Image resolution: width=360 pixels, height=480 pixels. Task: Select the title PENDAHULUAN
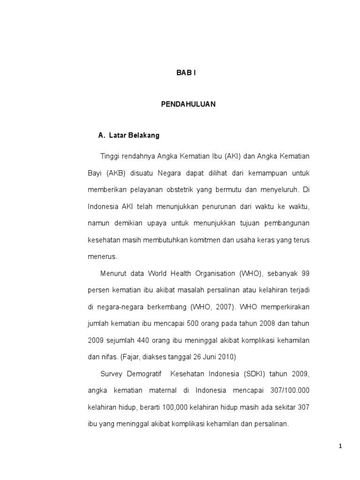coord(188,105)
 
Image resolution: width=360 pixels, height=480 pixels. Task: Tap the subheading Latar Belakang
coord(134,135)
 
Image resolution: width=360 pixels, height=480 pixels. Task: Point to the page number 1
coord(341,447)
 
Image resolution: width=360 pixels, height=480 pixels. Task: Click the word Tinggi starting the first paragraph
coord(109,156)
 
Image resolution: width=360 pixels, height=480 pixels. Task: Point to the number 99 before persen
coord(305,273)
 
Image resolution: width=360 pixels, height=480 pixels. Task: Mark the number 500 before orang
coord(194,323)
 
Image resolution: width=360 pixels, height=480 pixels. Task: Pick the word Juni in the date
coord(212,357)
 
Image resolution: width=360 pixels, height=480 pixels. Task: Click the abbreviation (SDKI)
coord(255,374)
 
